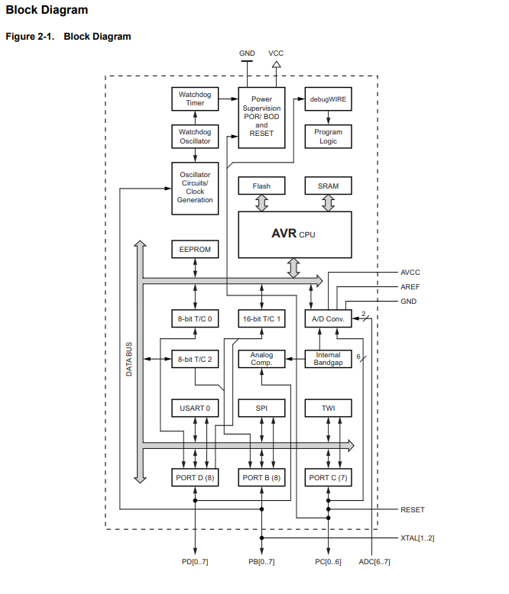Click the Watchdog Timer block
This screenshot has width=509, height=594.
195,98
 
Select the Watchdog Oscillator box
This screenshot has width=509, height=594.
195,136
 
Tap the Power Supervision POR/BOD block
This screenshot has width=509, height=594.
261,117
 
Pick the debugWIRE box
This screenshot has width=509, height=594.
328,98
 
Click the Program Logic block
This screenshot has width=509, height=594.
328,136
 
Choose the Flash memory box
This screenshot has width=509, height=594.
261,186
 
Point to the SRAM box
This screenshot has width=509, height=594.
328,186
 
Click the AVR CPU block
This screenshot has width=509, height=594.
295,234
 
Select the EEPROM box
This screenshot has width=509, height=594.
195,250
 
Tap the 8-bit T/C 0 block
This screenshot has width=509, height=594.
195,318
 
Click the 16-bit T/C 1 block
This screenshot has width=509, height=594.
261,318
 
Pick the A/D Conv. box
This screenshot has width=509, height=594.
328,318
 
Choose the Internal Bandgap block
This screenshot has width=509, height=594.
328,358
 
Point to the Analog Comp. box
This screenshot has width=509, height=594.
261,358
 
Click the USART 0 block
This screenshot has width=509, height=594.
195,408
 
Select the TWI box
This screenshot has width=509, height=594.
328,408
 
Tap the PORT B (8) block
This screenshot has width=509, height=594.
261,477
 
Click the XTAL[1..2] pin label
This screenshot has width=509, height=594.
417,538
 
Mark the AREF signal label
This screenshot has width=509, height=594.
410,287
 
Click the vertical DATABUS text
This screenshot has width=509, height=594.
129,359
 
